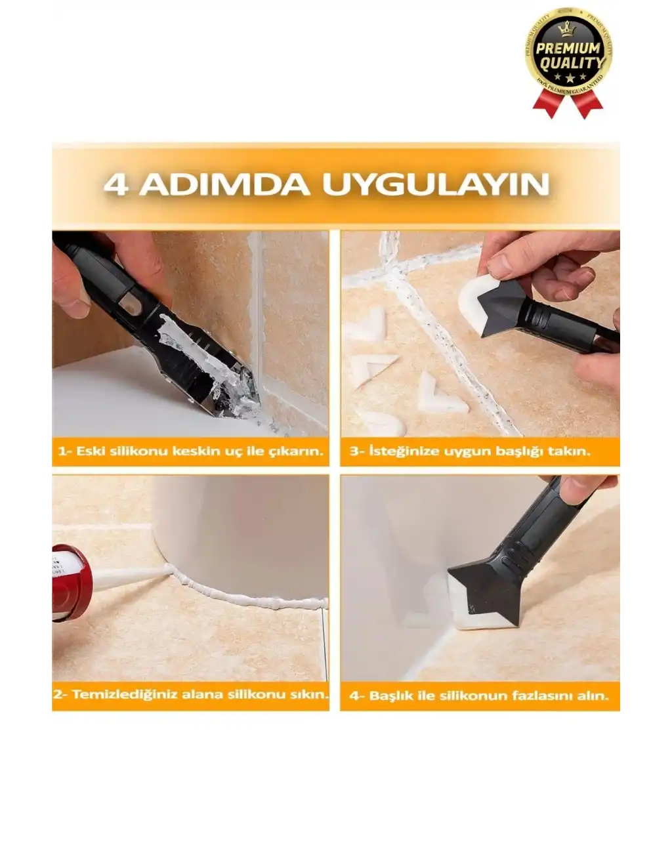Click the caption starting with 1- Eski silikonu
point(190,451)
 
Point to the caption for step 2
point(190,694)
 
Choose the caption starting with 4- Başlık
point(479,696)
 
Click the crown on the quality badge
point(568,30)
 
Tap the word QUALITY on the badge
point(569,64)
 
